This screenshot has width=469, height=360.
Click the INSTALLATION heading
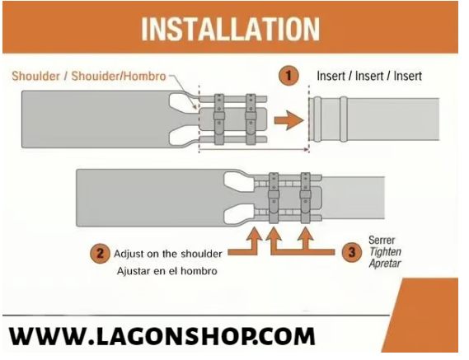(x=230, y=29)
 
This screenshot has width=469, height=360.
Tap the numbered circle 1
(x=288, y=76)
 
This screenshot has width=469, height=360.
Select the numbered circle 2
(x=100, y=254)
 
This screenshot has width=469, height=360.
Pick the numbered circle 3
(x=352, y=252)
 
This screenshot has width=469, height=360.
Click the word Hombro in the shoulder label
(x=145, y=76)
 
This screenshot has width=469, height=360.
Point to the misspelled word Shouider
(x=95, y=76)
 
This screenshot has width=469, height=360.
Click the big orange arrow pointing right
(x=289, y=120)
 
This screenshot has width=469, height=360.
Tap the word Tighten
(x=385, y=252)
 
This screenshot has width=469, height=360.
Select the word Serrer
(x=382, y=240)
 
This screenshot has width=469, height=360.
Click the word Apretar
(x=385, y=264)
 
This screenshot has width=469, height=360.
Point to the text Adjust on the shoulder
(x=168, y=254)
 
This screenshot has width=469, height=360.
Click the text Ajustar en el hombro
(x=166, y=271)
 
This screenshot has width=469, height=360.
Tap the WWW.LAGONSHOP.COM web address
(x=162, y=336)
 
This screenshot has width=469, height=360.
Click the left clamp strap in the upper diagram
(x=219, y=119)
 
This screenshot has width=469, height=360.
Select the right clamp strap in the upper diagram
(x=251, y=119)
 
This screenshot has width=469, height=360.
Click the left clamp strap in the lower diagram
(x=274, y=199)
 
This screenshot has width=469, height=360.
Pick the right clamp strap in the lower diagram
(x=306, y=199)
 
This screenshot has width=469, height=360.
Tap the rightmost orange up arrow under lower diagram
(x=306, y=239)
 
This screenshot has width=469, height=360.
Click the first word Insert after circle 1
(x=331, y=76)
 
